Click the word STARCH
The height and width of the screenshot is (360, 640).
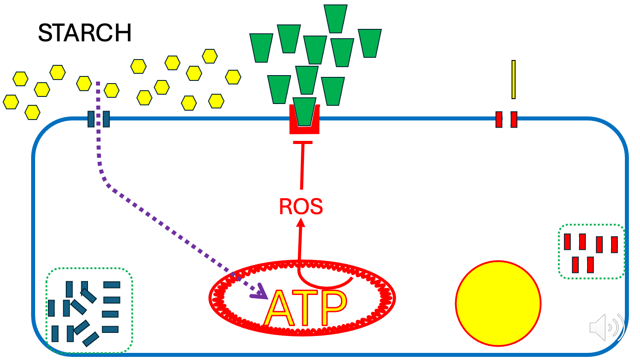pyautogui.click(x=84, y=33)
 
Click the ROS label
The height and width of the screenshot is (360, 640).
pyautogui.click(x=300, y=207)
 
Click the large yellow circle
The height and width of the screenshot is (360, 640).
pyautogui.click(x=498, y=304)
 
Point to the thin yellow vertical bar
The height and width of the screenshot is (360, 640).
pyautogui.click(x=513, y=79)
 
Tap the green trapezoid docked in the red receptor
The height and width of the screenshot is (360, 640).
pyautogui.click(x=304, y=111)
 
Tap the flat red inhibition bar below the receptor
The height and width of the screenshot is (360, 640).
pyautogui.click(x=303, y=142)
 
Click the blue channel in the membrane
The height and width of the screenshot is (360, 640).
pyautogui.click(x=98, y=119)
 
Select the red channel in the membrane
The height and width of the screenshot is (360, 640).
pyautogui.click(x=506, y=119)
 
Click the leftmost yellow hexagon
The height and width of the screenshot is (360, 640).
pyautogui.click(x=11, y=101)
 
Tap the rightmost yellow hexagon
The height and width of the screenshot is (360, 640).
pyautogui.click(x=233, y=77)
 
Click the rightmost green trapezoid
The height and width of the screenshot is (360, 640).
pyautogui.click(x=369, y=43)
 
